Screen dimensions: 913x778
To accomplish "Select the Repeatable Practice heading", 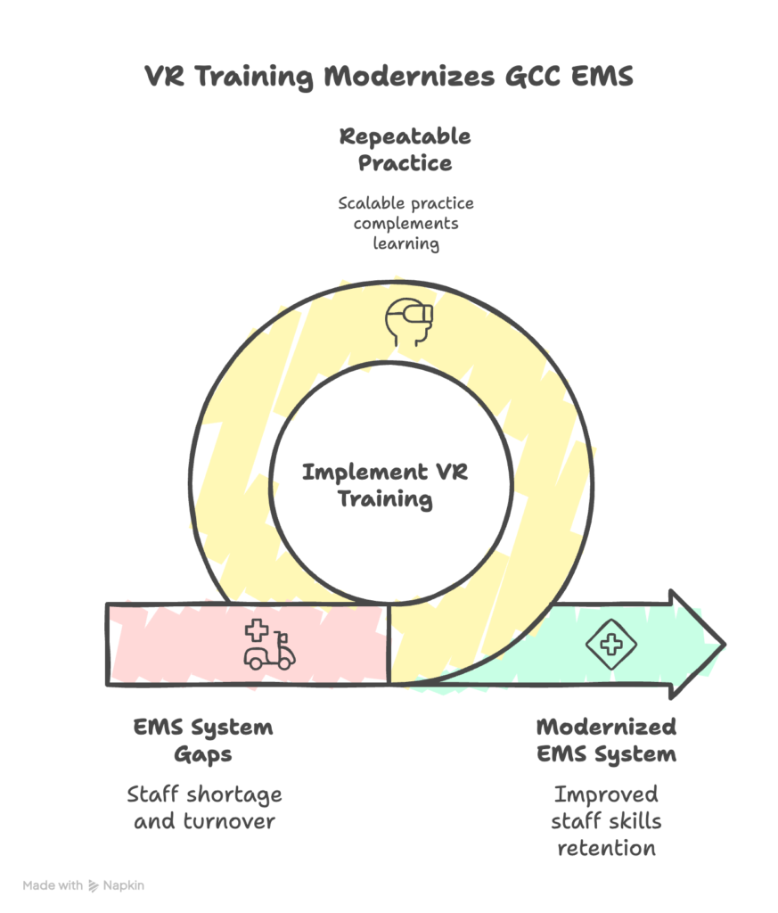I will click(x=405, y=150).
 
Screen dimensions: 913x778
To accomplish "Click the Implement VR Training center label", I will click(x=385, y=484).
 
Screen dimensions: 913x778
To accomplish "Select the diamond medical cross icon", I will click(x=610, y=644).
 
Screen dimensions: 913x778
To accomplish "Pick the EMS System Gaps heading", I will click(x=203, y=740).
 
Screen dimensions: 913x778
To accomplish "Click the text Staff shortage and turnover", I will click(x=204, y=806).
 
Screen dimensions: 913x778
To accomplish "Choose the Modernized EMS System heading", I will click(x=606, y=740).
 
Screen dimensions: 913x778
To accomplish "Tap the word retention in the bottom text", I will click(x=606, y=846).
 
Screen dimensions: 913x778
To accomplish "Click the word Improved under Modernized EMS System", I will click(x=606, y=794).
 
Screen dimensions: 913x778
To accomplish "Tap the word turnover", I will click(x=231, y=819).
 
